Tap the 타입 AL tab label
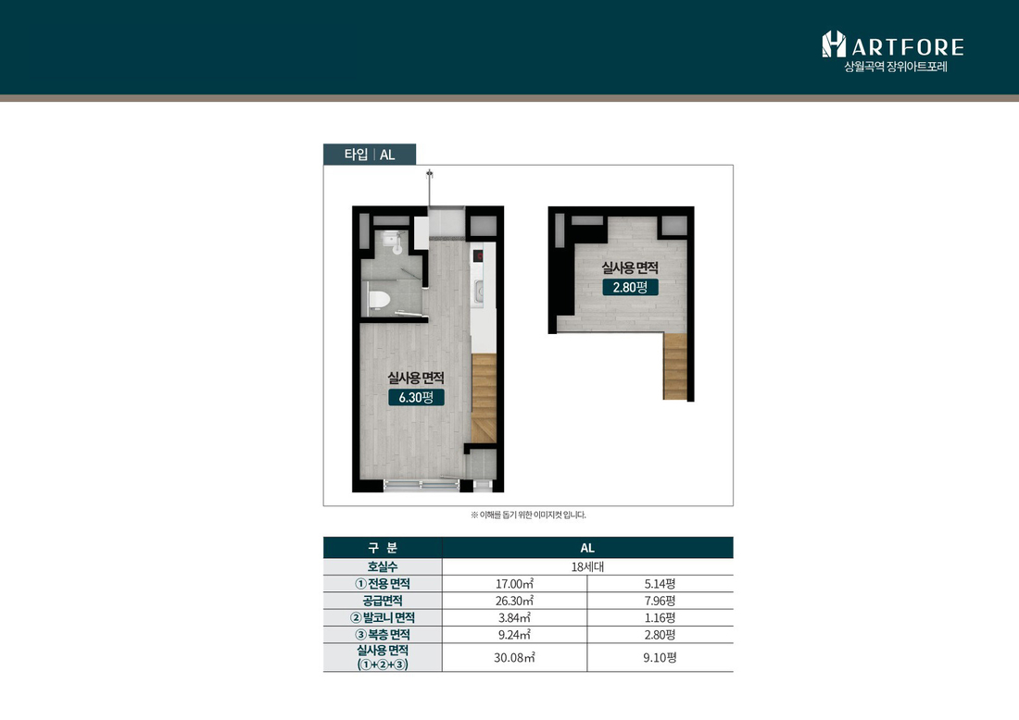[x=369, y=155]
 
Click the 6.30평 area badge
[x=416, y=397]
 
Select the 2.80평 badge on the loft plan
[x=630, y=287]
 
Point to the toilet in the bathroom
[x=379, y=300]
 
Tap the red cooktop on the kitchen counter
[x=478, y=255]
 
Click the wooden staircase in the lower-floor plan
[x=484, y=399]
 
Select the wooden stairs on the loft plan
[x=675, y=366]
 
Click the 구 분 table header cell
[x=383, y=548]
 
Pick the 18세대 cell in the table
[x=587, y=566]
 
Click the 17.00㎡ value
[x=515, y=584]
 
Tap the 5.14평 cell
[x=660, y=584]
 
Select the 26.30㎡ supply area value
[x=515, y=601]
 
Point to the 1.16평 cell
[x=660, y=617]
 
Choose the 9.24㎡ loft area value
[x=515, y=634]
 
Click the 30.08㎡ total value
[x=515, y=658]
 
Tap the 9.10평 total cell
[x=660, y=658]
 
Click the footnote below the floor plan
[x=528, y=515]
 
